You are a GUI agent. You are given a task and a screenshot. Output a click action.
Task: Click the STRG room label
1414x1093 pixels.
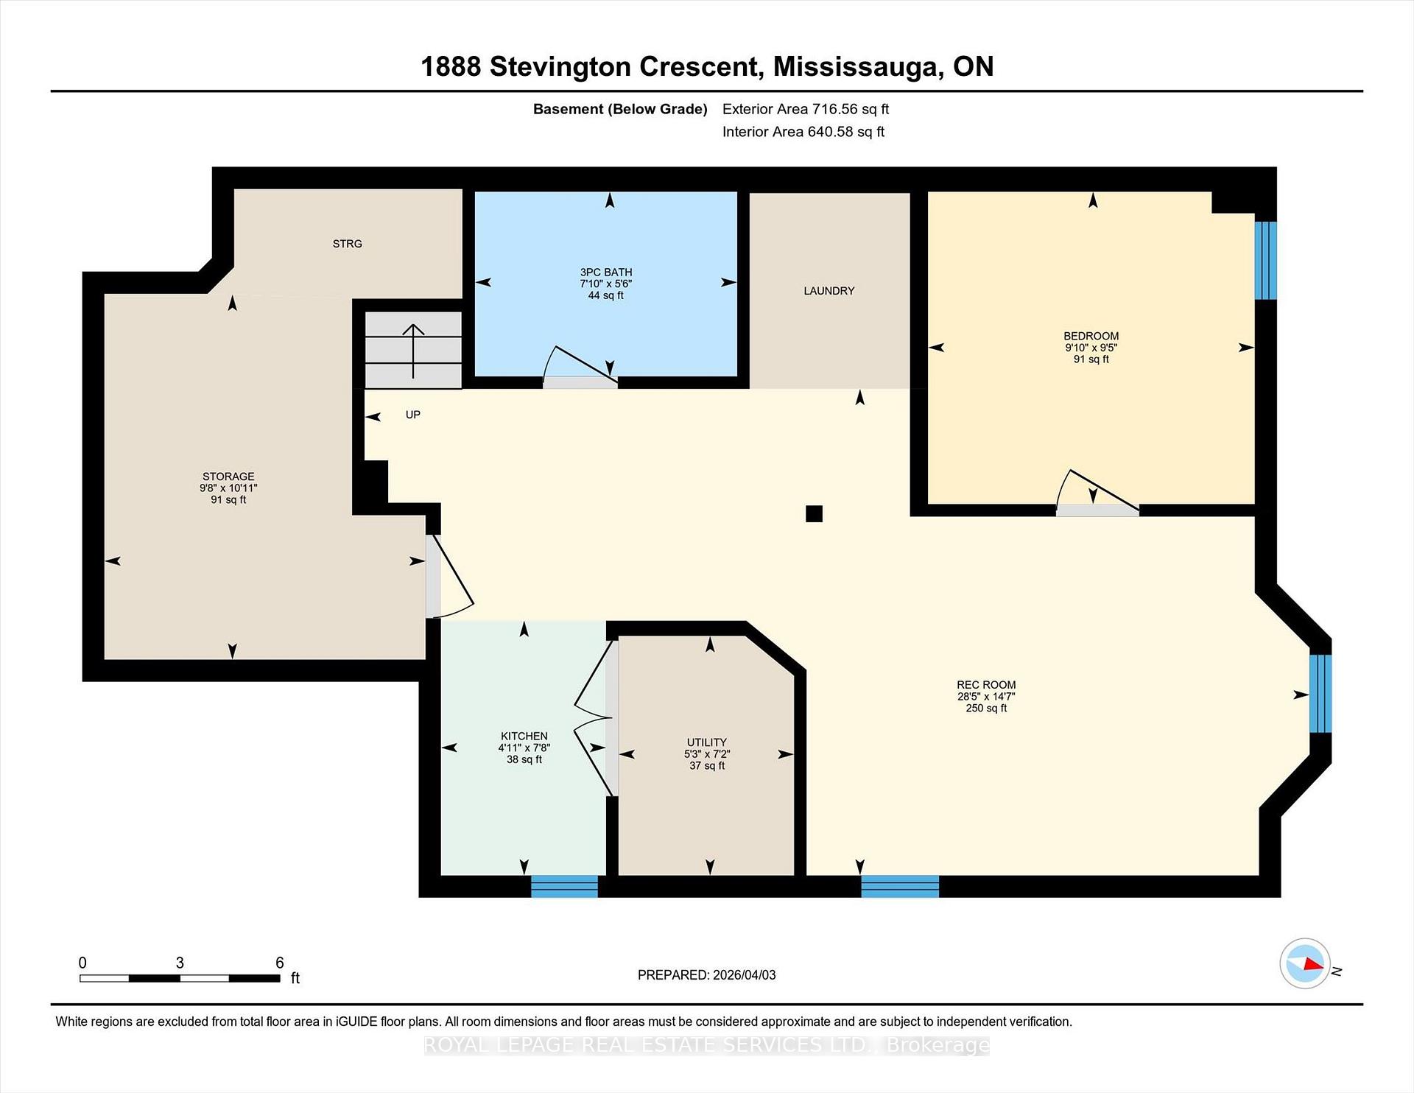[x=347, y=244]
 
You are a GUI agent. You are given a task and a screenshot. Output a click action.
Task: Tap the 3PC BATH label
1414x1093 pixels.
[x=605, y=272]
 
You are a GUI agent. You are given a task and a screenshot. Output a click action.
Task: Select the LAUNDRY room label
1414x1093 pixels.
[x=829, y=291]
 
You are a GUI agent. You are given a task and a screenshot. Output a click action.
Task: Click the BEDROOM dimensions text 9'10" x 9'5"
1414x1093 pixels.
[x=1091, y=348]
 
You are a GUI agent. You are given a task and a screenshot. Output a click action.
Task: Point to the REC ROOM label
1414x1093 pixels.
[x=986, y=685]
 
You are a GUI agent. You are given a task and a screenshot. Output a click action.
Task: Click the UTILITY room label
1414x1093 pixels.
[x=706, y=742]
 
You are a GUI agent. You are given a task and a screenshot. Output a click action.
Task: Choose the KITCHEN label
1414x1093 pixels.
[x=524, y=736]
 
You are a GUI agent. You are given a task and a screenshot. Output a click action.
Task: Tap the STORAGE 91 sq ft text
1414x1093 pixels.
[x=228, y=500]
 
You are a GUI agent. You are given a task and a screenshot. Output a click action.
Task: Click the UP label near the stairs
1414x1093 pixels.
[x=412, y=415]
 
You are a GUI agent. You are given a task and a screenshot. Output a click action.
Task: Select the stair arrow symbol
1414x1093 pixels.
[x=413, y=349]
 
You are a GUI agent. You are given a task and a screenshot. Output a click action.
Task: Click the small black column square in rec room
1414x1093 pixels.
[x=814, y=513]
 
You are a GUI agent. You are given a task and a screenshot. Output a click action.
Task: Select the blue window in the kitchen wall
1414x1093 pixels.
[x=564, y=886]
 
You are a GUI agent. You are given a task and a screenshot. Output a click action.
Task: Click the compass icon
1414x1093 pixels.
[x=1305, y=963]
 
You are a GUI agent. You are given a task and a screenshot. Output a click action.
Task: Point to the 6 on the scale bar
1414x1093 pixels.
[x=280, y=963]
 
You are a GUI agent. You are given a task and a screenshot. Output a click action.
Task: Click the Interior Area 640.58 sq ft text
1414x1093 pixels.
[x=803, y=132]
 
